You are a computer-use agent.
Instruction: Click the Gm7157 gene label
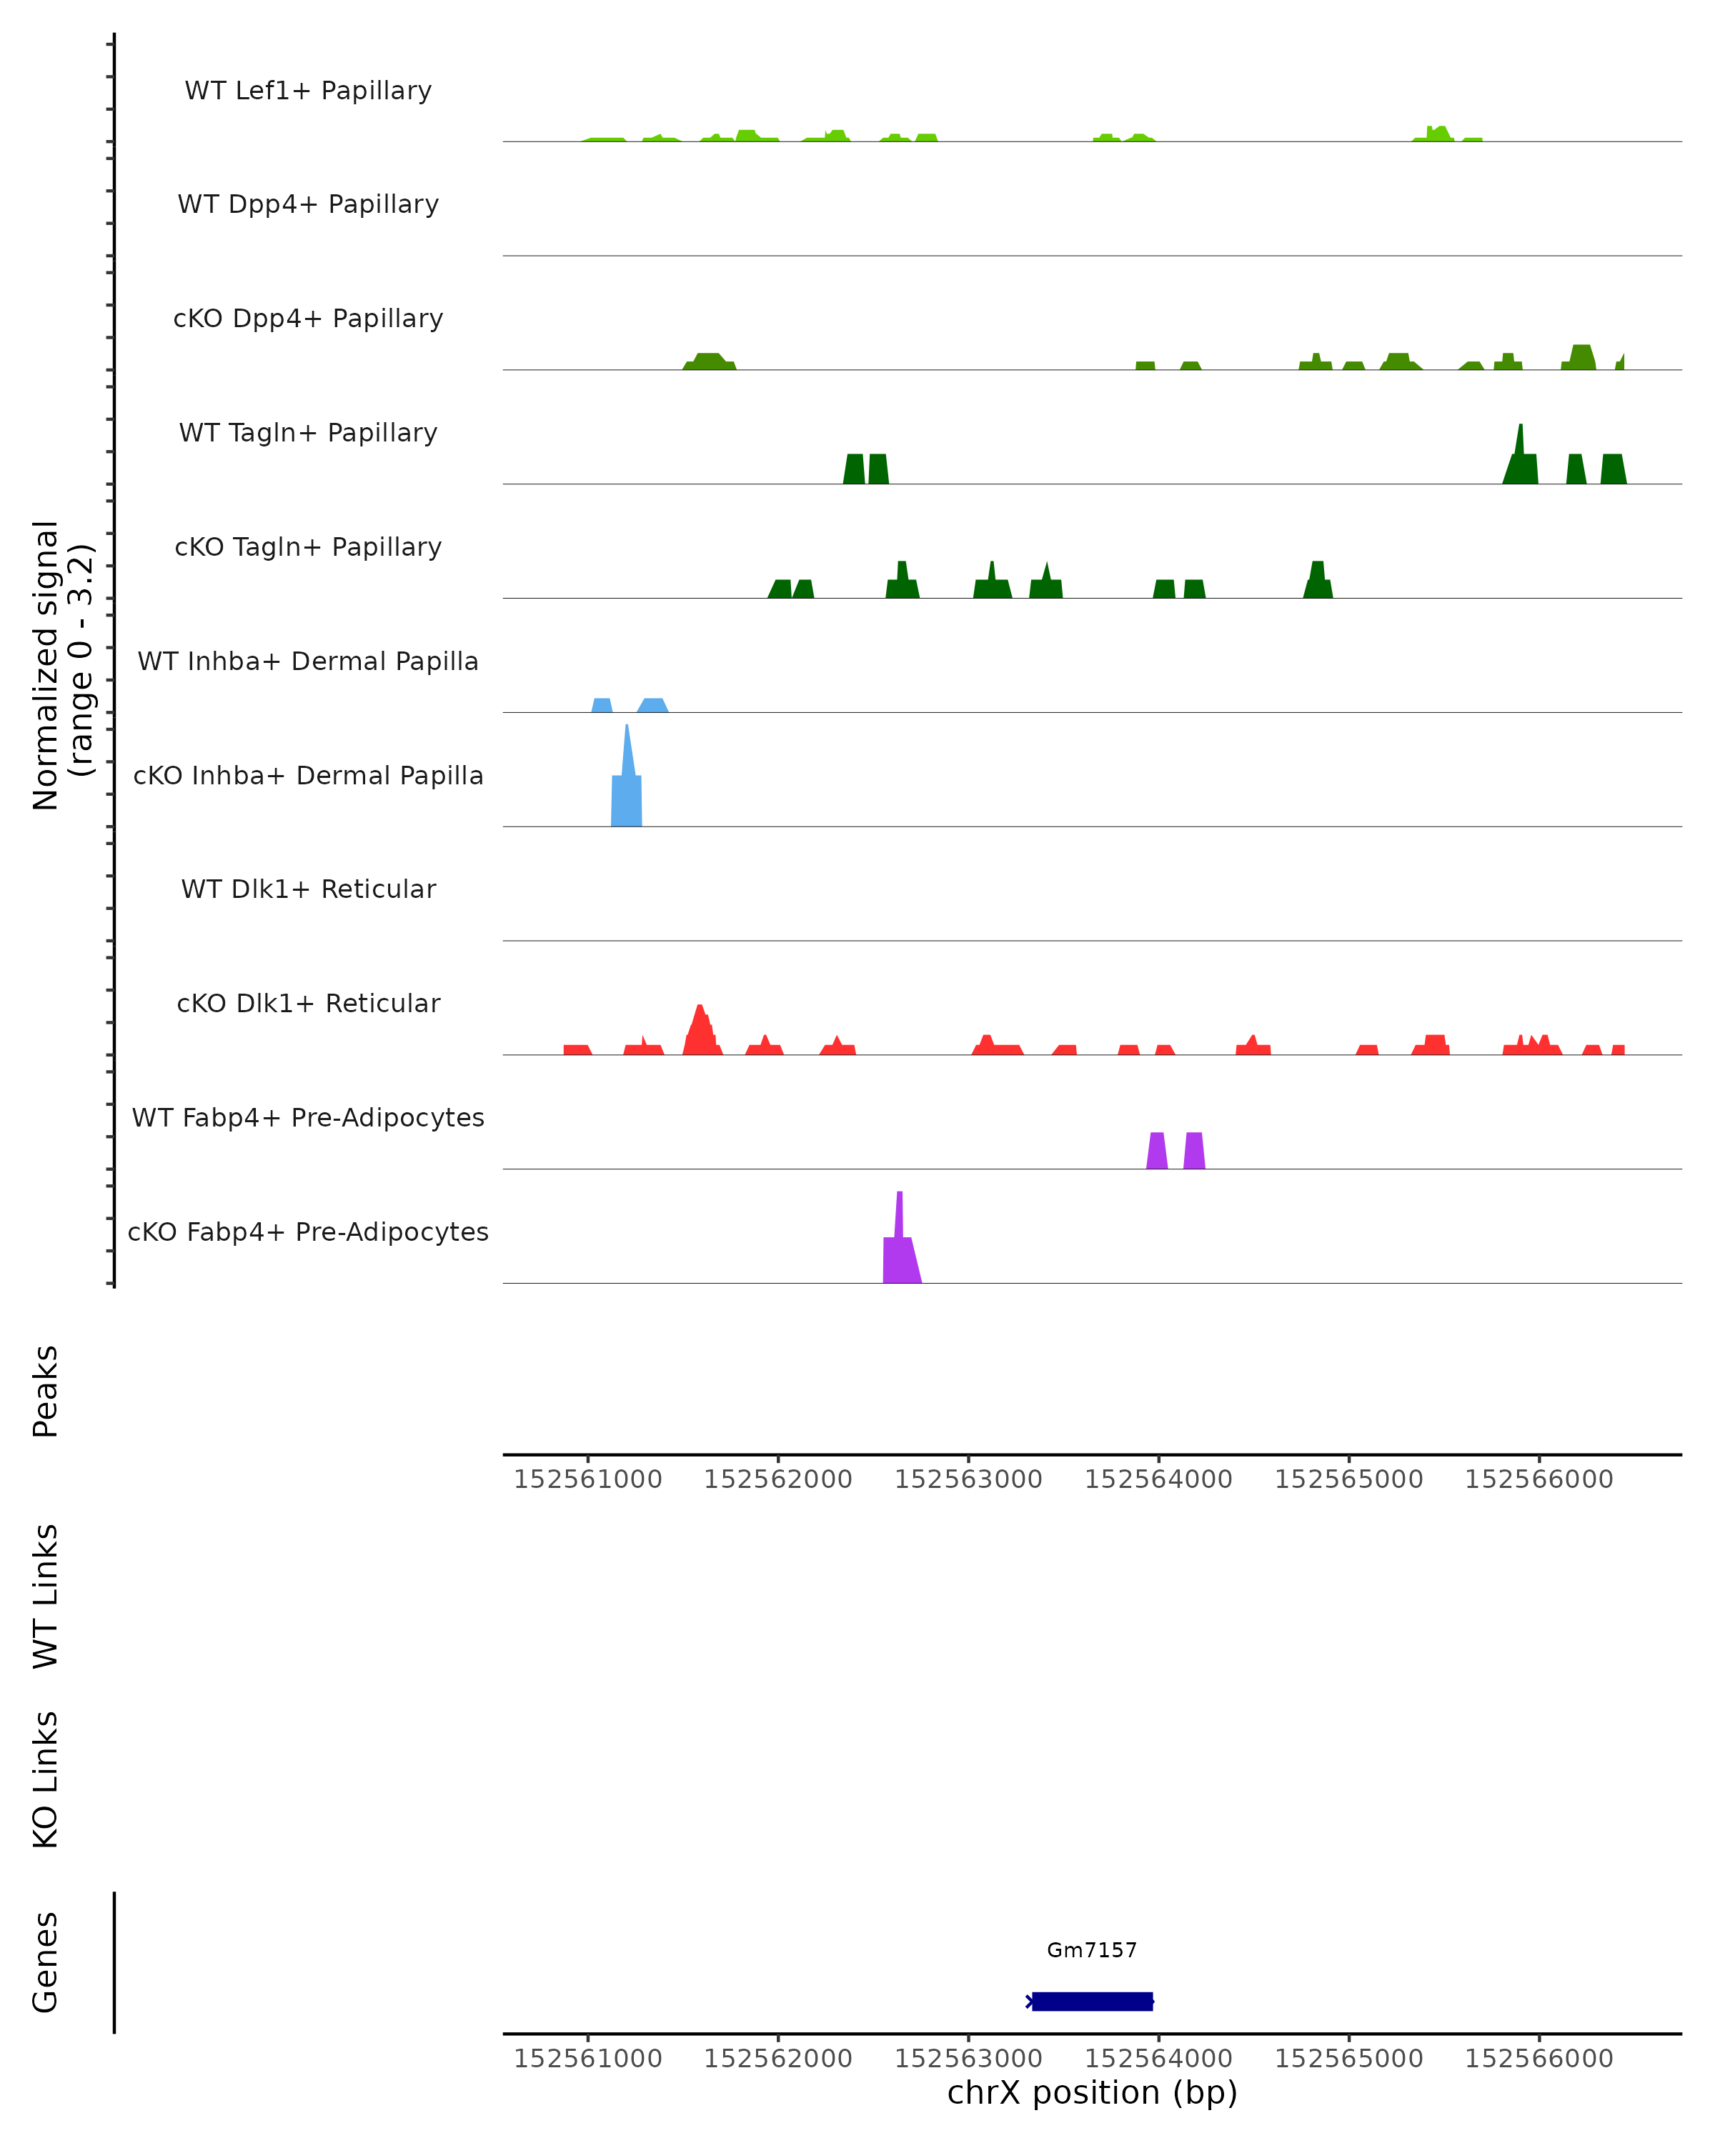pyautogui.click(x=1090, y=1950)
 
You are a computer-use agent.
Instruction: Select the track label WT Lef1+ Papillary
pyautogui.click(x=308, y=91)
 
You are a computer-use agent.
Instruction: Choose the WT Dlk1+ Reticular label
pyautogui.click(x=308, y=889)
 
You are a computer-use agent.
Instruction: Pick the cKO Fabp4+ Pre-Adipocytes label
pyautogui.click(x=308, y=1232)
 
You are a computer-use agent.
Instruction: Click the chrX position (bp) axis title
pyautogui.click(x=1092, y=2092)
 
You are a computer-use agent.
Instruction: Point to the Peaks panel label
pyautogui.click(x=46, y=1391)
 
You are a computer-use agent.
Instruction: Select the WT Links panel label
pyautogui.click(x=46, y=1595)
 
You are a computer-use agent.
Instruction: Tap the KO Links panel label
pyautogui.click(x=46, y=1779)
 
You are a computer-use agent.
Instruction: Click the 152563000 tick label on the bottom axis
pyautogui.click(x=968, y=2057)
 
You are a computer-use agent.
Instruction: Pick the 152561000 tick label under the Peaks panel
pyautogui.click(x=587, y=1479)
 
